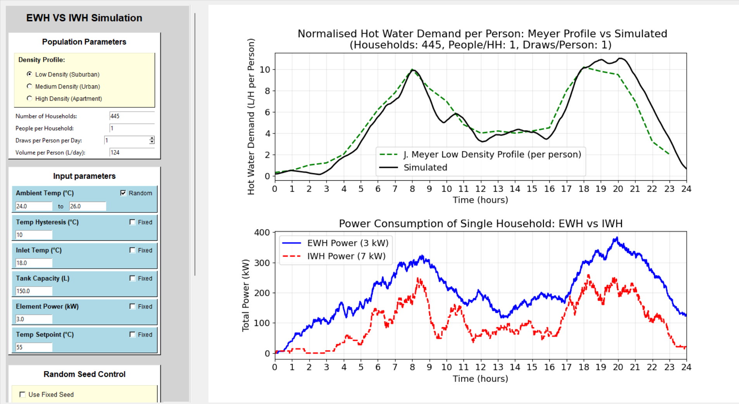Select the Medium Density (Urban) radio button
point(29,86)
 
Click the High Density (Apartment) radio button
point(29,98)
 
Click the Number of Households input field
point(132,116)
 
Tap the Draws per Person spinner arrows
point(152,140)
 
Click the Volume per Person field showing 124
point(132,152)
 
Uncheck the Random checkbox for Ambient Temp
point(123,193)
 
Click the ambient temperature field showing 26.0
point(87,206)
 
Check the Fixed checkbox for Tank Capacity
point(133,278)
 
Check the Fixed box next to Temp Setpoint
point(133,335)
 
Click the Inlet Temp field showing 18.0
point(33,263)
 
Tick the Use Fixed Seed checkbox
point(22,394)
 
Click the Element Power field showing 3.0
point(33,319)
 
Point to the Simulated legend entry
point(425,167)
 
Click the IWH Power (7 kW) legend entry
point(346,256)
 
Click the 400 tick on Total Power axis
point(262,233)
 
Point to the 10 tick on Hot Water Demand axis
point(265,70)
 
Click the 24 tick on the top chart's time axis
point(686,189)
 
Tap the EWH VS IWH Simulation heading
point(84,18)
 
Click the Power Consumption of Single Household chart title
point(480,224)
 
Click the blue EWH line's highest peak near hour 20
point(617,238)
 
